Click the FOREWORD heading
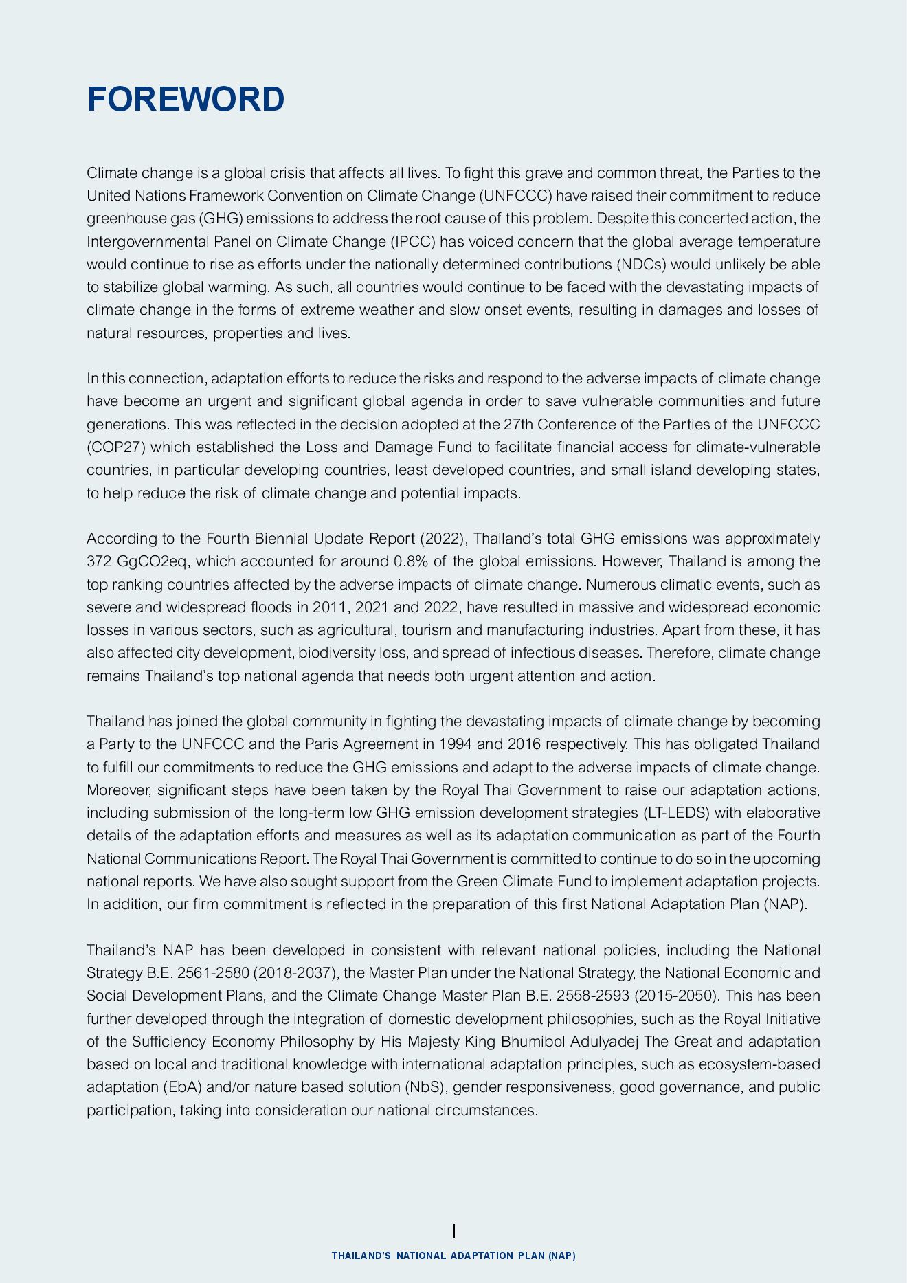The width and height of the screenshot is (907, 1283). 186,100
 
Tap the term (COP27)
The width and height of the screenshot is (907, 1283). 115,447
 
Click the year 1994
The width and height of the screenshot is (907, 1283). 454,744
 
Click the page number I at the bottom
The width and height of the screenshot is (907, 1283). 453,1230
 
